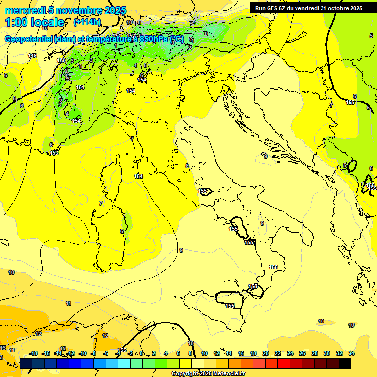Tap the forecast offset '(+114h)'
(87, 22)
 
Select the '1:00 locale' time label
(34, 22)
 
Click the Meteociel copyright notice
(208, 373)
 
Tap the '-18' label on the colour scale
(34, 353)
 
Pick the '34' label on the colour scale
(351, 353)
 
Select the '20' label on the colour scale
(266, 353)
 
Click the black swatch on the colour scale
(345, 363)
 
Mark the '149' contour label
(32, 56)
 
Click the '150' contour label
(61, 60)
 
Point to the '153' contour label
(54, 153)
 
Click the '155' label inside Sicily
(230, 306)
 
